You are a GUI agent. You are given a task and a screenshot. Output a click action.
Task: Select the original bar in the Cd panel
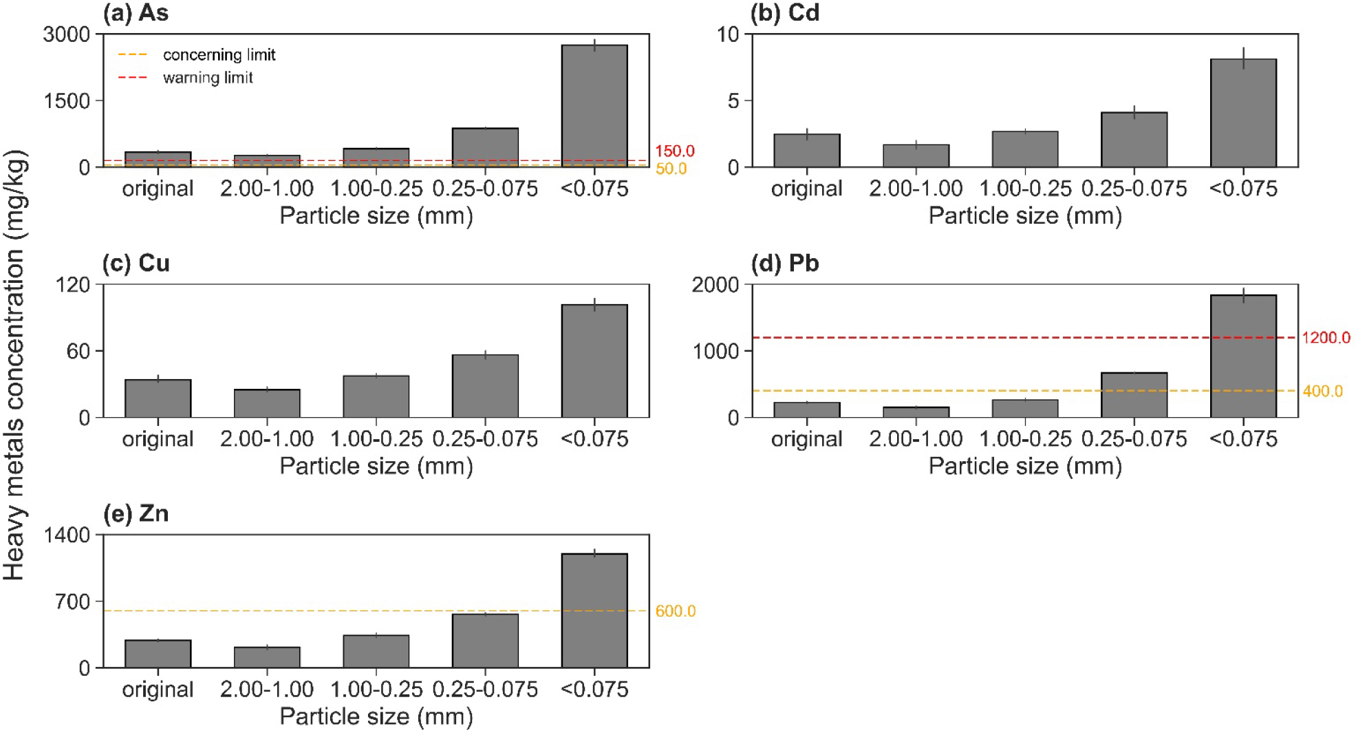806,151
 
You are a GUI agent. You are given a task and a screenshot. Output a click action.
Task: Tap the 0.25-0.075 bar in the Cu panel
485,386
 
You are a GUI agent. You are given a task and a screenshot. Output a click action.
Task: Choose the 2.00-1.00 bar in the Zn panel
267,657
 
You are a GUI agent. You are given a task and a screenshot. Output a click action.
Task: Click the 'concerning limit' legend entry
219,54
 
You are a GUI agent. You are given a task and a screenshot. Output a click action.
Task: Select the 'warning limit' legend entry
208,78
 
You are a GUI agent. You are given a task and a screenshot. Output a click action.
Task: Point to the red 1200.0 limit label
1326,338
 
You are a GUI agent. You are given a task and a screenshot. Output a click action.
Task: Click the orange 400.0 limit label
1322,392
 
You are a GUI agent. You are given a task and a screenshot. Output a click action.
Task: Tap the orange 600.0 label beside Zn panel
675,611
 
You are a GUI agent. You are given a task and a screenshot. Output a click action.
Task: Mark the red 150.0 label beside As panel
674,151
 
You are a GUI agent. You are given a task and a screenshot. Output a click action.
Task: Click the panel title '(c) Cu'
136,264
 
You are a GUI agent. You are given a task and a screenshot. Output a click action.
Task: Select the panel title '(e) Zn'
136,514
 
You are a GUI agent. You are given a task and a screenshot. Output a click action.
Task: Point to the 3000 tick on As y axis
67,34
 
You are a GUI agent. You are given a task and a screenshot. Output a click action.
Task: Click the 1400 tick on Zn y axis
67,535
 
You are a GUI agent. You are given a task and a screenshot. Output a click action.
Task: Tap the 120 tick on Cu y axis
73,285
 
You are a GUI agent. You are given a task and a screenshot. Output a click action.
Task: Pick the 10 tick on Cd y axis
727,34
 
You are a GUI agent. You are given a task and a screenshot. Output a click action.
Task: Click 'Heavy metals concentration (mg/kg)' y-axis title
15,365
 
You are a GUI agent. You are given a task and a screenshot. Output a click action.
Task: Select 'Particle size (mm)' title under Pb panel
1025,467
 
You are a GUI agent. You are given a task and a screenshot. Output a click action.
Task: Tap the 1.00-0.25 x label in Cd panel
1025,189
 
